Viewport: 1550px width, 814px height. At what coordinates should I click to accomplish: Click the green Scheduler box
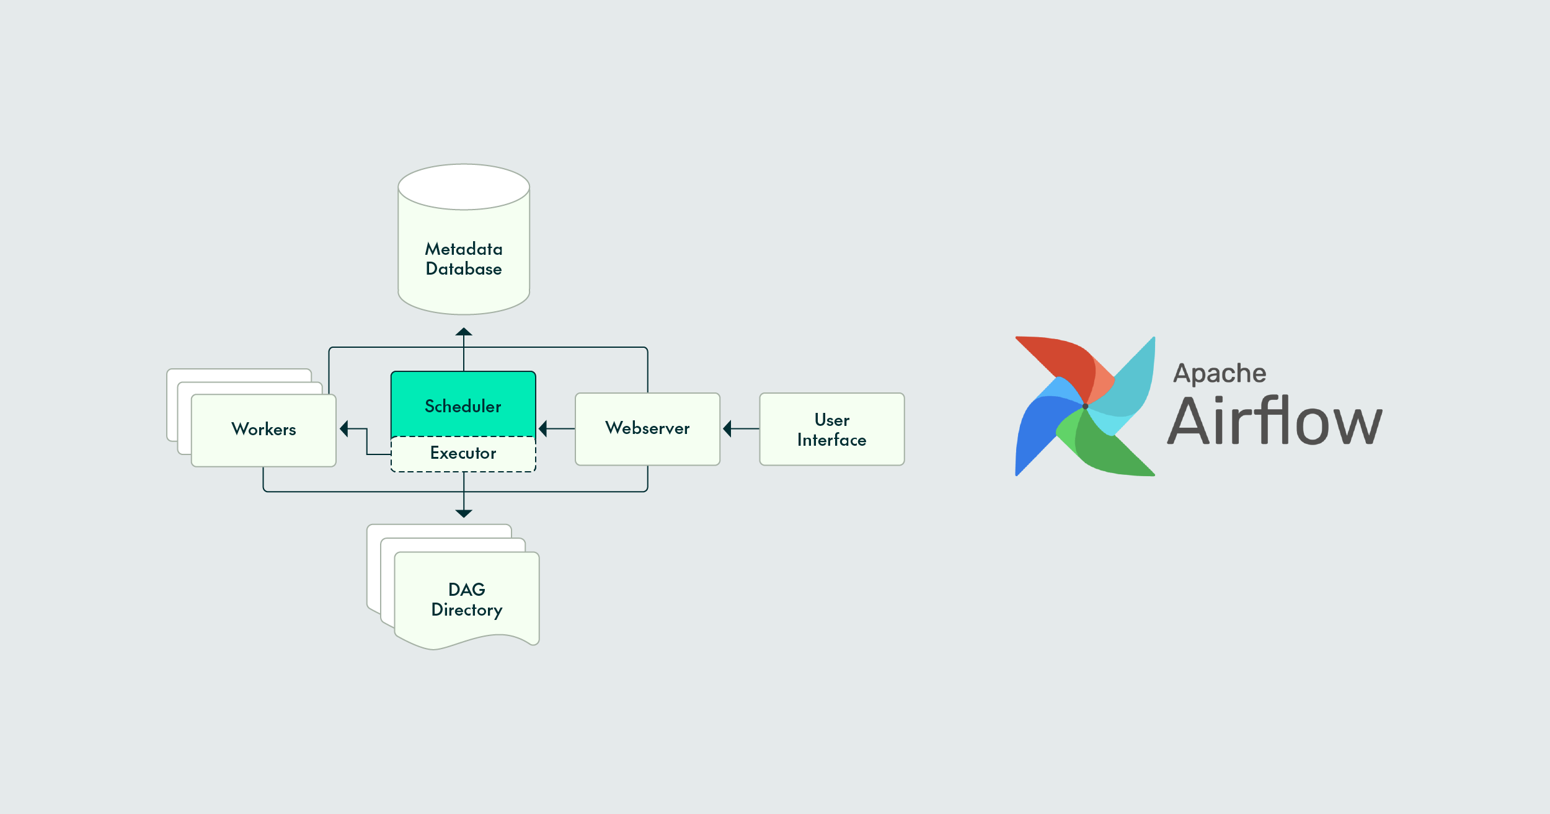[463, 404]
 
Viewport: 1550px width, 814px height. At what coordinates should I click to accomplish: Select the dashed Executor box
[463, 454]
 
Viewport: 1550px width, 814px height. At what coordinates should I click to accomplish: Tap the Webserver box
[647, 428]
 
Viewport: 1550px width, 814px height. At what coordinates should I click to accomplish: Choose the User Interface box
[831, 429]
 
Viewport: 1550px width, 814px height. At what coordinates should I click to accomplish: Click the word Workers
[263, 430]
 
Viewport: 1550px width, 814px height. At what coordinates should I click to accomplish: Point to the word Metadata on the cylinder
[464, 249]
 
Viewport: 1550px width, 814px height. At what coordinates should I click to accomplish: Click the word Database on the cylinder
[464, 269]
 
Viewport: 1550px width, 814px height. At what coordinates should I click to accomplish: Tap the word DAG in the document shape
[466, 590]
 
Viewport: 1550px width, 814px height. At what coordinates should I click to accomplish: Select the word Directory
[466, 610]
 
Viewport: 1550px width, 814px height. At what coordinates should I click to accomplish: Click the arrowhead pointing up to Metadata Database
[464, 332]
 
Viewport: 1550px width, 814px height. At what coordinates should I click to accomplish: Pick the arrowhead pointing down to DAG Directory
[464, 513]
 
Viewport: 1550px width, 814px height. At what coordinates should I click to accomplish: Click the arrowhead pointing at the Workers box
[344, 428]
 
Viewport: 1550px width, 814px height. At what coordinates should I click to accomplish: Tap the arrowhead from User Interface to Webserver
[727, 428]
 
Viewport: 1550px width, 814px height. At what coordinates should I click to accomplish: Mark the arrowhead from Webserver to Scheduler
[543, 428]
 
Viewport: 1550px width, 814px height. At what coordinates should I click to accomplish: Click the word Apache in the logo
[1220, 374]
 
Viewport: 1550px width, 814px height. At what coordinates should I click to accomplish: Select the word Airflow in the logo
[1274, 422]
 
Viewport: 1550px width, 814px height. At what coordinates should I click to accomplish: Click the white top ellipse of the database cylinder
[464, 187]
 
